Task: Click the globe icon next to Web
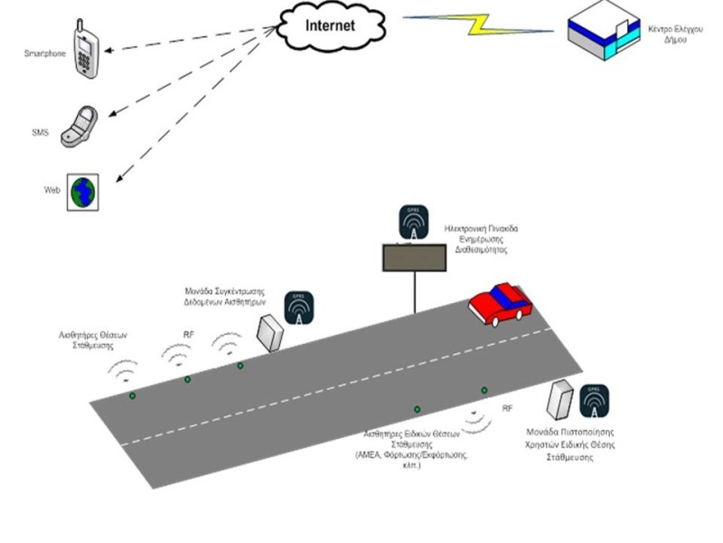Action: pos(82,193)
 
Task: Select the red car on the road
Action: pos(499,304)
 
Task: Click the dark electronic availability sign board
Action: pos(415,259)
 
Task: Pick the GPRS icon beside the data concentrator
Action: pos(299,308)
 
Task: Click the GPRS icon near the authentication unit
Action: pos(594,400)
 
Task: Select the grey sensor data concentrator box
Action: pos(268,331)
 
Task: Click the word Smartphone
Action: pos(44,54)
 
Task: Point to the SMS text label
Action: pos(40,133)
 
